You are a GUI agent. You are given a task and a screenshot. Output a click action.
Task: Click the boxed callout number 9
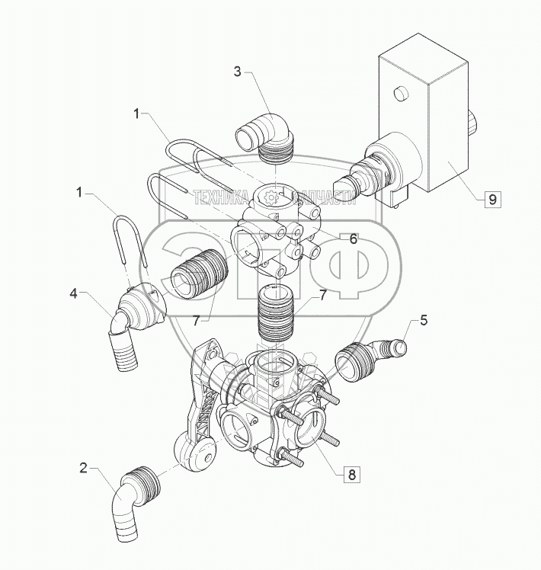[493, 199]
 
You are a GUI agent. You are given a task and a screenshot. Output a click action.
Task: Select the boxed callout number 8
[351, 475]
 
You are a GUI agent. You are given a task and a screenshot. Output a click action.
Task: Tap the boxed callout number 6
[354, 239]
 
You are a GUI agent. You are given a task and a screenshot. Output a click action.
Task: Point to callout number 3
[237, 72]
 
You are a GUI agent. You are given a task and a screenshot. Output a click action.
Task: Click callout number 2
[84, 468]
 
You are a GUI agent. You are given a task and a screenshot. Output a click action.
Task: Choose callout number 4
[74, 293]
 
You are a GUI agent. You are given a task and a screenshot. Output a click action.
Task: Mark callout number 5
[424, 320]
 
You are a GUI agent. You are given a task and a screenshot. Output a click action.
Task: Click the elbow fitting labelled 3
[265, 136]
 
